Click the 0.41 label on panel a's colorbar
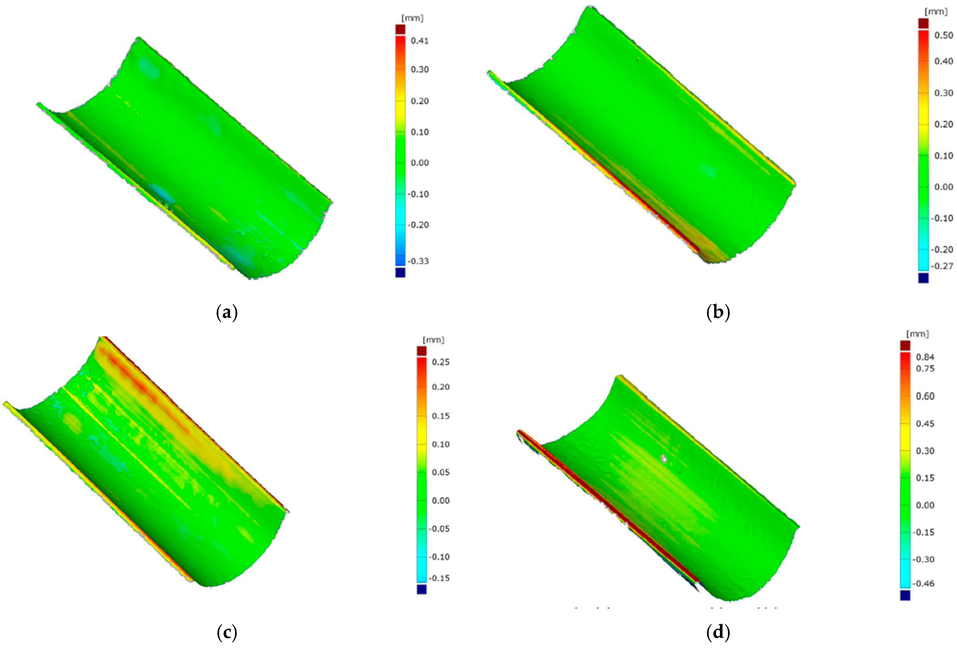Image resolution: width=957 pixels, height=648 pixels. [419, 41]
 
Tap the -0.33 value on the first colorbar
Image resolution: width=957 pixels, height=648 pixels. [418, 261]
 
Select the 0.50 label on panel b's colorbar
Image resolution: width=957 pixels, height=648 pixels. [944, 35]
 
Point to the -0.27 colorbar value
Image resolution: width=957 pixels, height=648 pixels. [942, 266]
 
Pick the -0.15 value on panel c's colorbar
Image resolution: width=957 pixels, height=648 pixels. [439, 578]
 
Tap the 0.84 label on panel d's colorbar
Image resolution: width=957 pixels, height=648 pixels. [925, 357]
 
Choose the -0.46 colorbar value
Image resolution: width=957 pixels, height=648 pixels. [924, 583]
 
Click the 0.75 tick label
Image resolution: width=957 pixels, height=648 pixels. [925, 369]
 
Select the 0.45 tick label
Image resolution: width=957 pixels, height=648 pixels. [925, 424]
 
